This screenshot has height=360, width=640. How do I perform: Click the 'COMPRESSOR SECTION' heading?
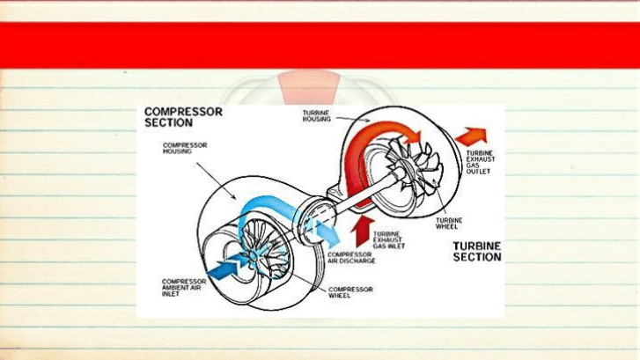[183, 117]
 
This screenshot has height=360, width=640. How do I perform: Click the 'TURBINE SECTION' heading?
[477, 252]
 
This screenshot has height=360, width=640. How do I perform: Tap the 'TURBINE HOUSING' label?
[316, 116]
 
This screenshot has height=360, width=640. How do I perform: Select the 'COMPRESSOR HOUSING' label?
[185, 148]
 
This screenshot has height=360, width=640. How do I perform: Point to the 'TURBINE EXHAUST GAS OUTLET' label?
[481, 163]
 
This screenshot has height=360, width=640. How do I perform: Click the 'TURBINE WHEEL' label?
[449, 224]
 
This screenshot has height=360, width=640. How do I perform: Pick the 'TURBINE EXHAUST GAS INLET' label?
[389, 240]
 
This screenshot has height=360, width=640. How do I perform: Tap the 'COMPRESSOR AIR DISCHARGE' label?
[351, 258]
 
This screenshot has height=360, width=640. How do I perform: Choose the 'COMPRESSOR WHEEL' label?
[350, 292]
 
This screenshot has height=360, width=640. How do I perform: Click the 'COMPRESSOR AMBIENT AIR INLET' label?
[184, 288]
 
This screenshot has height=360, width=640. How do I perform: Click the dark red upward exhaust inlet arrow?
[361, 231]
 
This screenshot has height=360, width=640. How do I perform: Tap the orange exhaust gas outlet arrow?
[472, 136]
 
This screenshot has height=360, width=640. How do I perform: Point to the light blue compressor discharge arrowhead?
[330, 236]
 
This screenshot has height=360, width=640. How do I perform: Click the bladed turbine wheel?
[415, 167]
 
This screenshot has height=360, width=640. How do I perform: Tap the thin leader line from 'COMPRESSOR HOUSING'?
[216, 180]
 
